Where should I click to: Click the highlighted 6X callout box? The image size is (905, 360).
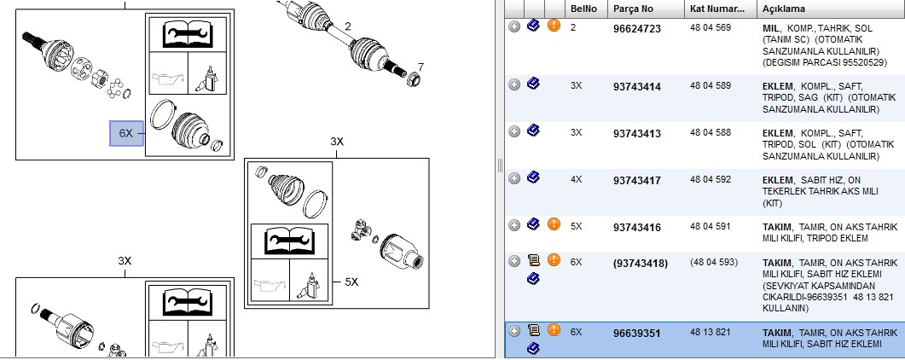126,133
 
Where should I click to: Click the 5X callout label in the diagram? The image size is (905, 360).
351,282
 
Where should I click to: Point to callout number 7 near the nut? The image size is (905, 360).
421,67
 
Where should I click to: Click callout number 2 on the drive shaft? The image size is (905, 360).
347,26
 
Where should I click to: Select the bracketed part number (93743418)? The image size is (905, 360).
640,264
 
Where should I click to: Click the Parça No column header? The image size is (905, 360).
633,9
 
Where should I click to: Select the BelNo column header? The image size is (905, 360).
583,9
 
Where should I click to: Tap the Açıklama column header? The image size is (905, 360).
783,9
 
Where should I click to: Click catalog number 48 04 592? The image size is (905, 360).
711,179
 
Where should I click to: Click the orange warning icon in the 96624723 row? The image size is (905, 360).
554,26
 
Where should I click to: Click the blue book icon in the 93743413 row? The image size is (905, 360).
533,131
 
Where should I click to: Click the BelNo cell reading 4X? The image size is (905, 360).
576,179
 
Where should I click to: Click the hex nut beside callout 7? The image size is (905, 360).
414,78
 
